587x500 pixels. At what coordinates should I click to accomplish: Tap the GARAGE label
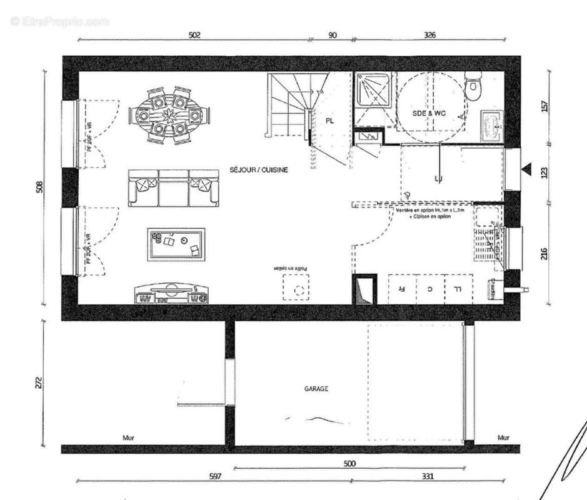pos(316,388)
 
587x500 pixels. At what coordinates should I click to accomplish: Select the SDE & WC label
pos(429,113)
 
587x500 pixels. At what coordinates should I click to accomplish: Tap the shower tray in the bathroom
pos(373,99)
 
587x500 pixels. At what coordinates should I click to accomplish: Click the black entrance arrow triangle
pos(527,169)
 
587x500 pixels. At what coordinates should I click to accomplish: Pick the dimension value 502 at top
pos(194,36)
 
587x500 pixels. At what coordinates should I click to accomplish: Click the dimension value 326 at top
pos(429,36)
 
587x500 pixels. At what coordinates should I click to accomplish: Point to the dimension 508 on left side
pos(39,186)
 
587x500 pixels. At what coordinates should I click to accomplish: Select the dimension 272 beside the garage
pos(39,382)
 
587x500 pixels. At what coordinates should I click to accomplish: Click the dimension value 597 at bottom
pos(215,476)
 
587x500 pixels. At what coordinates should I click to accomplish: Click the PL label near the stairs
pos(329,122)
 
